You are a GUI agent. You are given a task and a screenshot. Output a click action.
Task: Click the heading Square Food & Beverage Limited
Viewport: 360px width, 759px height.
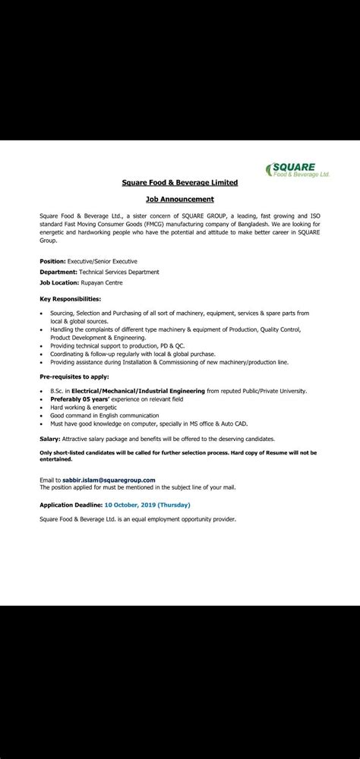[x=180, y=182]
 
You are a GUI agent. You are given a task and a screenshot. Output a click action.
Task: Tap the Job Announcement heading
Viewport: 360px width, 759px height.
[x=180, y=200]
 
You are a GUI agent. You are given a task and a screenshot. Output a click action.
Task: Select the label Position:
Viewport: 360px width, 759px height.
[x=52, y=260]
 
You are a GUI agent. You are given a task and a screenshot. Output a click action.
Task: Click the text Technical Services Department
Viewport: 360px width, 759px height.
[x=119, y=272]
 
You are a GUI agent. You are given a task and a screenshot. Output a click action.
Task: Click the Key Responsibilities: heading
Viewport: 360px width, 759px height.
[x=70, y=298]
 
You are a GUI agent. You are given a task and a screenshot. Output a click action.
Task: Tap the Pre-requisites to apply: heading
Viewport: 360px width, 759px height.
[x=74, y=376]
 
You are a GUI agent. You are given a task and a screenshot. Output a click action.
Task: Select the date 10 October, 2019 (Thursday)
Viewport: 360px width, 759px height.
[x=147, y=505]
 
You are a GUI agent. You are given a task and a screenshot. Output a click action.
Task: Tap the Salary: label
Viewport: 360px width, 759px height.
[x=50, y=439]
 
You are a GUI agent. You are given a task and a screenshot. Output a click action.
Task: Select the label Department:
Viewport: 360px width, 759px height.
[x=58, y=272]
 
